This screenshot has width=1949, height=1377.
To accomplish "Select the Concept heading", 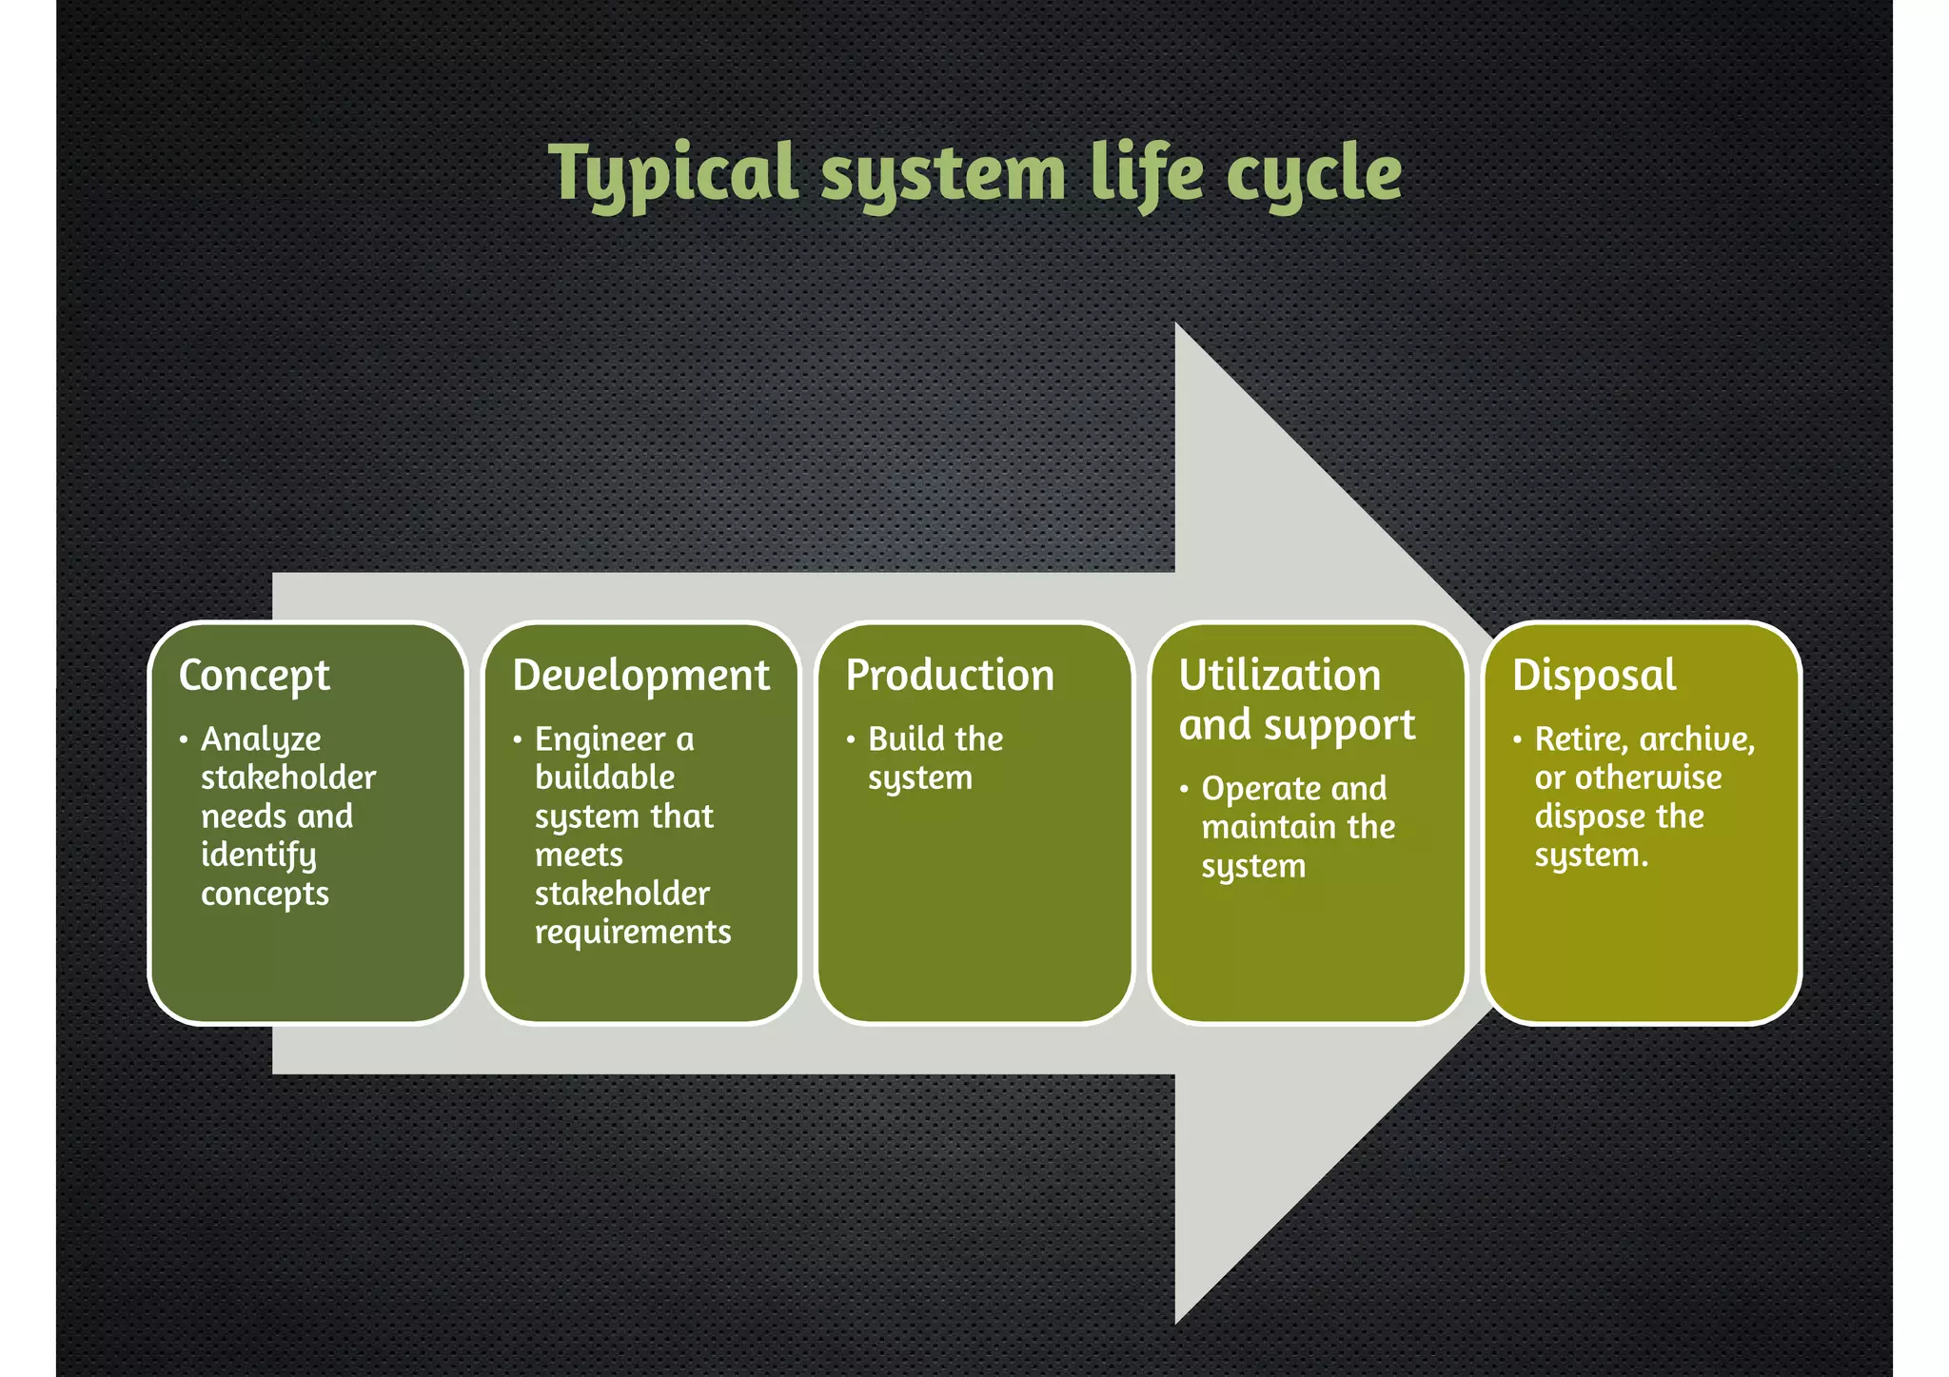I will [254, 676].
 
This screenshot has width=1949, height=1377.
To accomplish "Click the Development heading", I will [640, 676].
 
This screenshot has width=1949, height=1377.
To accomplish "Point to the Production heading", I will [950, 676].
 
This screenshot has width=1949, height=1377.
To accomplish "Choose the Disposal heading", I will [1594, 676].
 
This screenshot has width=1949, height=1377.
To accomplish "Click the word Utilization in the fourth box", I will [1279, 676].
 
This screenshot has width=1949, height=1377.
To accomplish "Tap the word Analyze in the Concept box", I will [261, 740].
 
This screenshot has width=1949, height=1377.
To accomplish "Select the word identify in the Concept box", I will [258, 856].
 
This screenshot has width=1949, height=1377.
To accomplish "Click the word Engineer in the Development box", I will [600, 740].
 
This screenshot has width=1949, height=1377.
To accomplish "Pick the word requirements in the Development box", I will [633, 933].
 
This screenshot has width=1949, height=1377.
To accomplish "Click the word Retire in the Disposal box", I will [1579, 739].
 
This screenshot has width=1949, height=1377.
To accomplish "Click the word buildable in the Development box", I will [604, 778].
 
